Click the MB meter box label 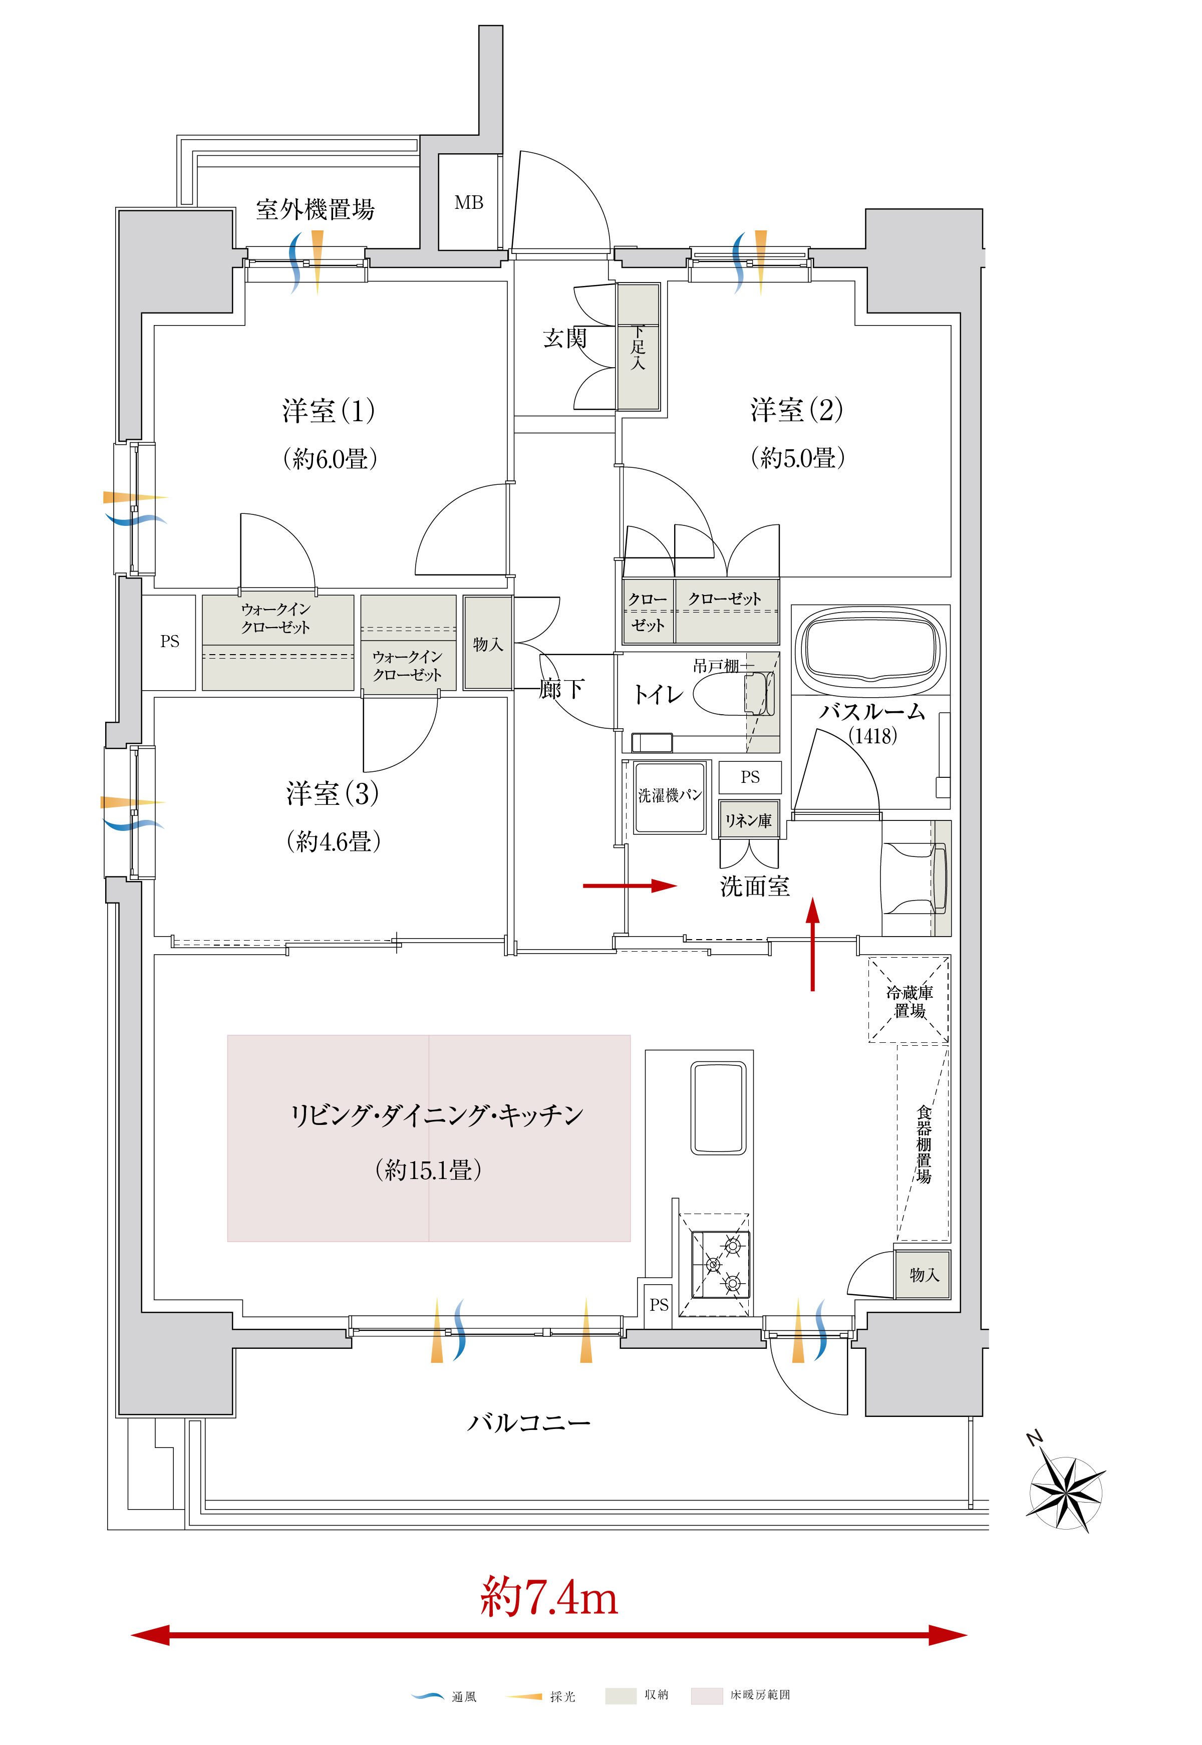point(468,202)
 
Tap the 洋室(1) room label point(329,411)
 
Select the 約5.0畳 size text point(798,458)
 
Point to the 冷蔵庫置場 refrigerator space point(909,1000)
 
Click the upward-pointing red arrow point(813,943)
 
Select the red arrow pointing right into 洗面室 point(631,887)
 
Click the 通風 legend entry point(444,1695)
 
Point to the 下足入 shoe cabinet point(638,347)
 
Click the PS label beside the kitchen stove point(659,1304)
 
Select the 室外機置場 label point(315,209)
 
